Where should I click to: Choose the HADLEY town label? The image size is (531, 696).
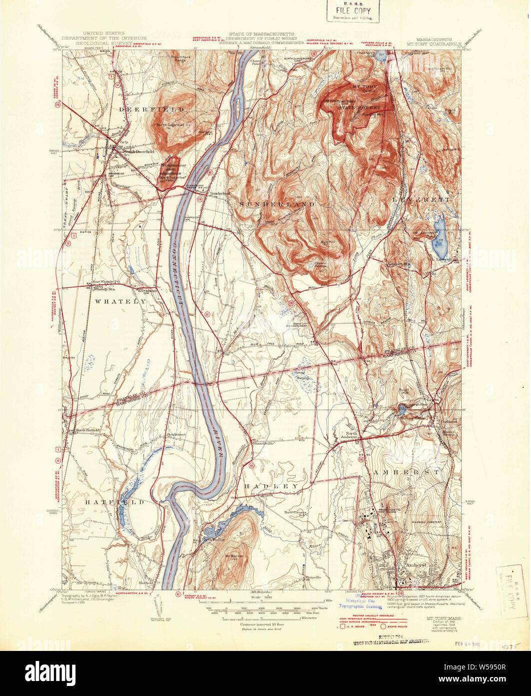(271, 486)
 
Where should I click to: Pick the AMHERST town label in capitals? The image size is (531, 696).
(405, 472)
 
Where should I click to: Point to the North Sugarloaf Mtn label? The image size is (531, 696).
(175, 125)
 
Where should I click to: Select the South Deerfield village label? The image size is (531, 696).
(138, 151)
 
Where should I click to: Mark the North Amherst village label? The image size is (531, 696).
(348, 435)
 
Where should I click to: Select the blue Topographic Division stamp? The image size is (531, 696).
(359, 606)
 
